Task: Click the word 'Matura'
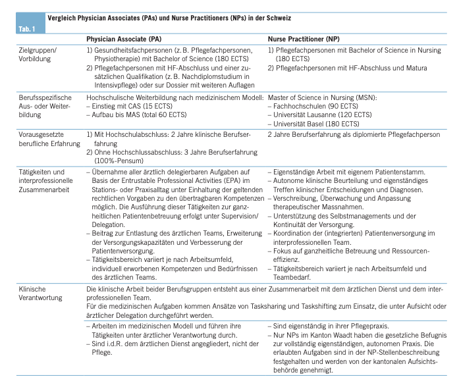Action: (408, 68)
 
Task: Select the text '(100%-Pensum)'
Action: (118, 160)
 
